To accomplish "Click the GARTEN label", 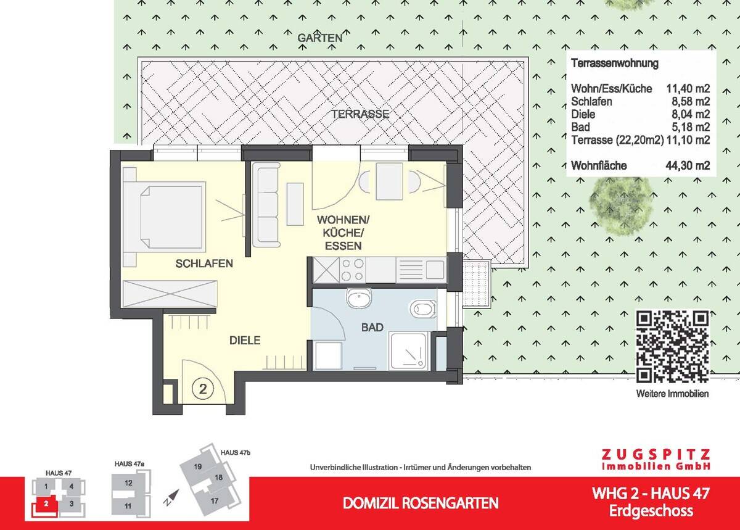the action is (x=320, y=38).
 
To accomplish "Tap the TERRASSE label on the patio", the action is (x=361, y=114).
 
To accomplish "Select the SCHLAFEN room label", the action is (x=204, y=263).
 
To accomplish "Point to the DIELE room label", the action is (x=245, y=340).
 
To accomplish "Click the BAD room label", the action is (x=372, y=328).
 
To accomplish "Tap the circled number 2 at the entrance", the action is (x=203, y=389).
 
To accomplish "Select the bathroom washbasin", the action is (x=359, y=297).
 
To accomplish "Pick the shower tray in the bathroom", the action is (x=409, y=352).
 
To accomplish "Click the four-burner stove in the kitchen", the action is (x=353, y=270).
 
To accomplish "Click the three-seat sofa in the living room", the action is (x=266, y=205).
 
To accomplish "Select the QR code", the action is (x=673, y=347).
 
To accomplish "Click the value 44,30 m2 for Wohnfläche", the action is (x=688, y=165).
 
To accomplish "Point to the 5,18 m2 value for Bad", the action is (x=691, y=127).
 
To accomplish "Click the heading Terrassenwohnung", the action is (x=615, y=63).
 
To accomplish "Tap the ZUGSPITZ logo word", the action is (x=656, y=454).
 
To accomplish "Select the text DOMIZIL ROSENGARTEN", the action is (x=421, y=503).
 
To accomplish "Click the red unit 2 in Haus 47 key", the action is (x=46, y=504).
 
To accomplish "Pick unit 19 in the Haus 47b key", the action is (x=198, y=466).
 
